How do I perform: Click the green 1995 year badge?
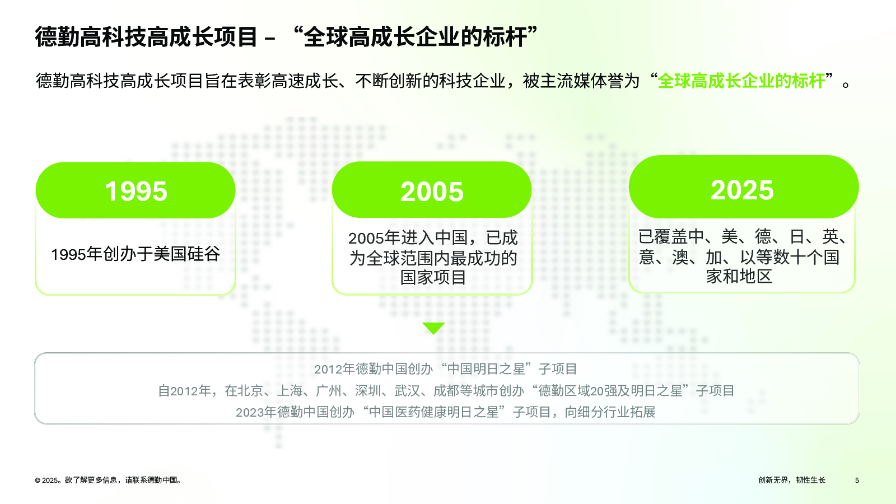[x=136, y=190]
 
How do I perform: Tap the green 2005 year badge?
[x=432, y=190]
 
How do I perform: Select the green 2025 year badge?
[x=744, y=187]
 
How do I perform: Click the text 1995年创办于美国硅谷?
[x=136, y=254]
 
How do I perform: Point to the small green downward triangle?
[x=433, y=328]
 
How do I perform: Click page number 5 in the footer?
[x=857, y=480]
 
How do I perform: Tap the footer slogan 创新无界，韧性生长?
[x=792, y=480]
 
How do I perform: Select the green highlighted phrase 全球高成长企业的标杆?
[x=741, y=81]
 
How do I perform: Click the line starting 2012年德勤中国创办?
[x=446, y=369]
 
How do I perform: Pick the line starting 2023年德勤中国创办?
[x=446, y=412]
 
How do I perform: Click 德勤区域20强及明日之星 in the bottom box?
[x=610, y=390]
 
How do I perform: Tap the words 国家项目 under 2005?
[x=433, y=277]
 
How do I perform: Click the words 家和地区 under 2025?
[x=739, y=276]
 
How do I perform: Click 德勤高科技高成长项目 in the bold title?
[x=146, y=37]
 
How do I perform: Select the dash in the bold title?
[x=270, y=39]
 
